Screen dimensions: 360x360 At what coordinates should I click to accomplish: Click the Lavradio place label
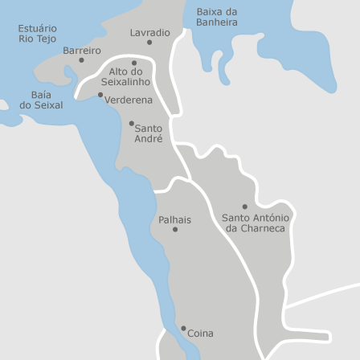point(150,33)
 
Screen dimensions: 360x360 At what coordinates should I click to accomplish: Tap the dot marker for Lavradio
point(149,43)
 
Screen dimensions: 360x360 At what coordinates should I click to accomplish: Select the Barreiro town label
point(82,50)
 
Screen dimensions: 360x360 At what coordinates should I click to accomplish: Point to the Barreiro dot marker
point(81,59)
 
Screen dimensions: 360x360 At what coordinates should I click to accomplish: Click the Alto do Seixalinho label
point(125,76)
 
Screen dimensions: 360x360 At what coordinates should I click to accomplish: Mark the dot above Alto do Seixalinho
point(134,63)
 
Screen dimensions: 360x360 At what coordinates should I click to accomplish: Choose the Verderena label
point(129,100)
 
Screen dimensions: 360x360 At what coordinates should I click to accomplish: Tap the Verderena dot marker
point(100,95)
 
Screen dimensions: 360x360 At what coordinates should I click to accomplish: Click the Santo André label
point(148,133)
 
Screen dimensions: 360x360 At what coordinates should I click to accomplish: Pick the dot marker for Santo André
point(132,123)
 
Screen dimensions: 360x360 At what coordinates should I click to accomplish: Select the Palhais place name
point(174,219)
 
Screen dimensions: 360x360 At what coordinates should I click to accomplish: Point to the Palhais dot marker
point(175,230)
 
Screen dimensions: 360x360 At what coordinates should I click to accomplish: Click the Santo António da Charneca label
point(256,223)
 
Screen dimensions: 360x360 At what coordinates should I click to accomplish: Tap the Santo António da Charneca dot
point(245,207)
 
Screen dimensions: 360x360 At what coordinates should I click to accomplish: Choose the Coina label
point(200,333)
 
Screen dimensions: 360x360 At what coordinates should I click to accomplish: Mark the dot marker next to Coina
point(183,328)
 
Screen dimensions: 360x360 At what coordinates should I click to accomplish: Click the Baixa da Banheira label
point(217,17)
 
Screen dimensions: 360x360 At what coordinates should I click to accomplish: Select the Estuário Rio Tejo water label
point(37,33)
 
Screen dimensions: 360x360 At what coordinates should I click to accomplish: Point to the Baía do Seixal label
point(41,100)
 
